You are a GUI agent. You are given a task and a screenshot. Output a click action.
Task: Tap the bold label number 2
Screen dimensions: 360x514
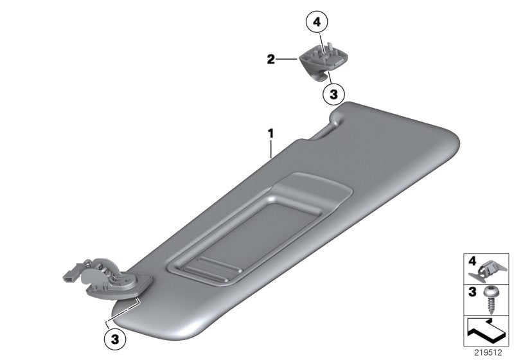(x=271, y=60)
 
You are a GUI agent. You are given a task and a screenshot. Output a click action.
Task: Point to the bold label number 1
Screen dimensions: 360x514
(x=271, y=134)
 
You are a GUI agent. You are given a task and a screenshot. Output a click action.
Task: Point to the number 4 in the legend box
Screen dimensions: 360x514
(x=472, y=262)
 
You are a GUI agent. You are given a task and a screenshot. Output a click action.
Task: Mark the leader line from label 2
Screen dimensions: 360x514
(x=287, y=60)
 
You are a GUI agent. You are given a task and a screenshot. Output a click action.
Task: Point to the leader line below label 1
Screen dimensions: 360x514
(x=272, y=148)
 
